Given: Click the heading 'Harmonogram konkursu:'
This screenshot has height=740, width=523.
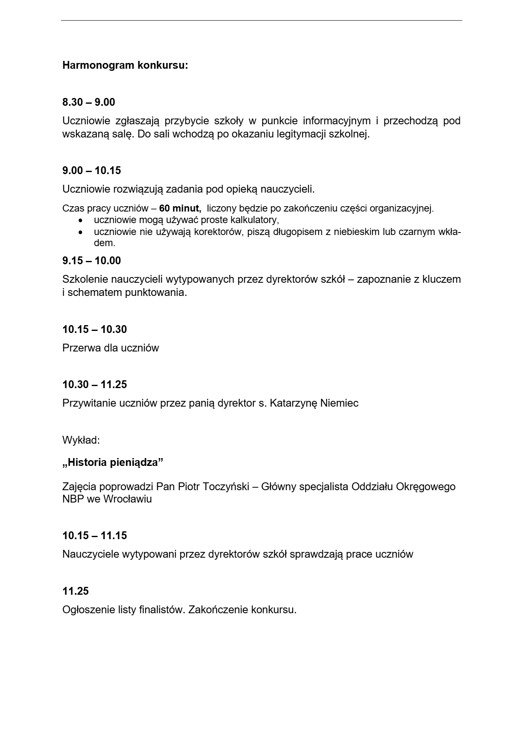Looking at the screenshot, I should (125, 65).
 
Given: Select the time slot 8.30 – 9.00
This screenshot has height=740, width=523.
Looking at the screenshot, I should (89, 102).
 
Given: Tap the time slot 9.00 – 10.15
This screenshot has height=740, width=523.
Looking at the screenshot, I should (92, 170).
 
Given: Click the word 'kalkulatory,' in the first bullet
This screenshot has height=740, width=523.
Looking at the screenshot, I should (255, 219).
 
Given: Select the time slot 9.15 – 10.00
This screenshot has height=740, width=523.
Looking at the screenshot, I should (92, 261).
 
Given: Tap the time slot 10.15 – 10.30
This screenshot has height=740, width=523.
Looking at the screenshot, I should (95, 329).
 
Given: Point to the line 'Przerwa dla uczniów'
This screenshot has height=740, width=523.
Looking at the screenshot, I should (111, 348).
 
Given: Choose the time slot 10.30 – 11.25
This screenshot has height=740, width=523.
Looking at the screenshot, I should (95, 384).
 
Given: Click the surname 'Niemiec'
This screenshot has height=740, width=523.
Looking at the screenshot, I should (339, 403).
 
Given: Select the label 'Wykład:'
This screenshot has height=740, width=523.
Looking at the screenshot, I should (81, 440).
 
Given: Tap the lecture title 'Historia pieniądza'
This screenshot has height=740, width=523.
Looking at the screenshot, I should (113, 463).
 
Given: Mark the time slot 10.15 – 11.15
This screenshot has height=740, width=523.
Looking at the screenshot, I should (95, 535).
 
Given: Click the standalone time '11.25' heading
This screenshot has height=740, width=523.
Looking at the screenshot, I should (76, 591).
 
